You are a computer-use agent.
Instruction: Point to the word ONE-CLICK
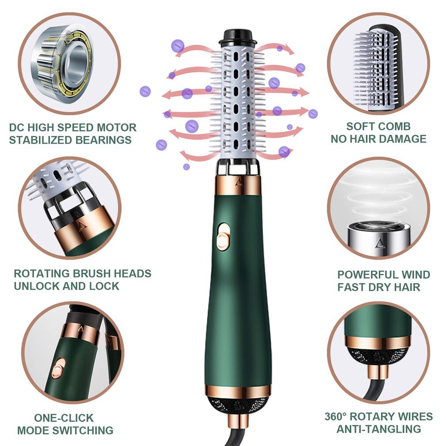pos(64,418)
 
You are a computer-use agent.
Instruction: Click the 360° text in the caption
pos(338,416)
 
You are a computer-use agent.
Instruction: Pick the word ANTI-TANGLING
pos(378,429)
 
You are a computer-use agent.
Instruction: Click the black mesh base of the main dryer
pos(238,404)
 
